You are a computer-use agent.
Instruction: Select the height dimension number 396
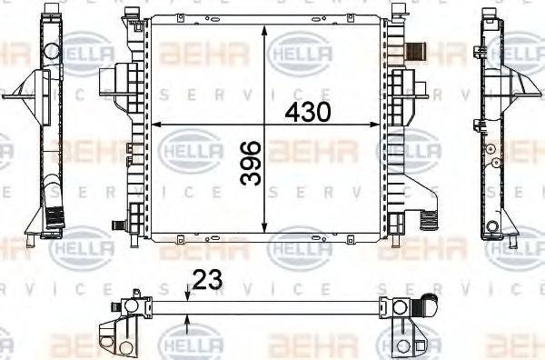[x=253, y=164]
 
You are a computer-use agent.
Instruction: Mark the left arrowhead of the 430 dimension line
[x=154, y=124]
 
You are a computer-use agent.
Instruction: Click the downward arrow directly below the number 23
[x=187, y=294]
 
